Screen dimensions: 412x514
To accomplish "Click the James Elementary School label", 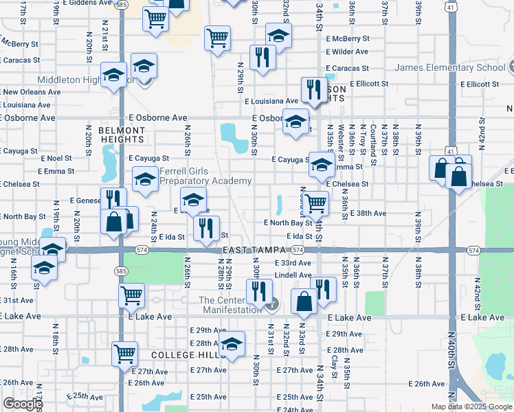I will pos(450,68).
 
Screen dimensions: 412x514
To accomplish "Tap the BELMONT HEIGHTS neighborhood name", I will pos(122,135).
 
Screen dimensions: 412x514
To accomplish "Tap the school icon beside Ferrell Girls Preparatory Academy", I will pos(145,180).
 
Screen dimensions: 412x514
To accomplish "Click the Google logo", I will pos(23,404).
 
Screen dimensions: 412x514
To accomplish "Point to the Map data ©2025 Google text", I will pos(471,407).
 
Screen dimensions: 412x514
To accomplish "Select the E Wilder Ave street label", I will pos(349,51).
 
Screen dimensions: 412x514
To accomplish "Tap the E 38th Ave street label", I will pos(368,214).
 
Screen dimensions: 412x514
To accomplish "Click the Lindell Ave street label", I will pos(293,275).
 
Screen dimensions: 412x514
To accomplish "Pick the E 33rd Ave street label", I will pos(293,263).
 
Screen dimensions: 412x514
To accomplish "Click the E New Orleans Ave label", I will pos(27,91).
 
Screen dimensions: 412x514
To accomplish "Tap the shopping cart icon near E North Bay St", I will pos(315,203).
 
